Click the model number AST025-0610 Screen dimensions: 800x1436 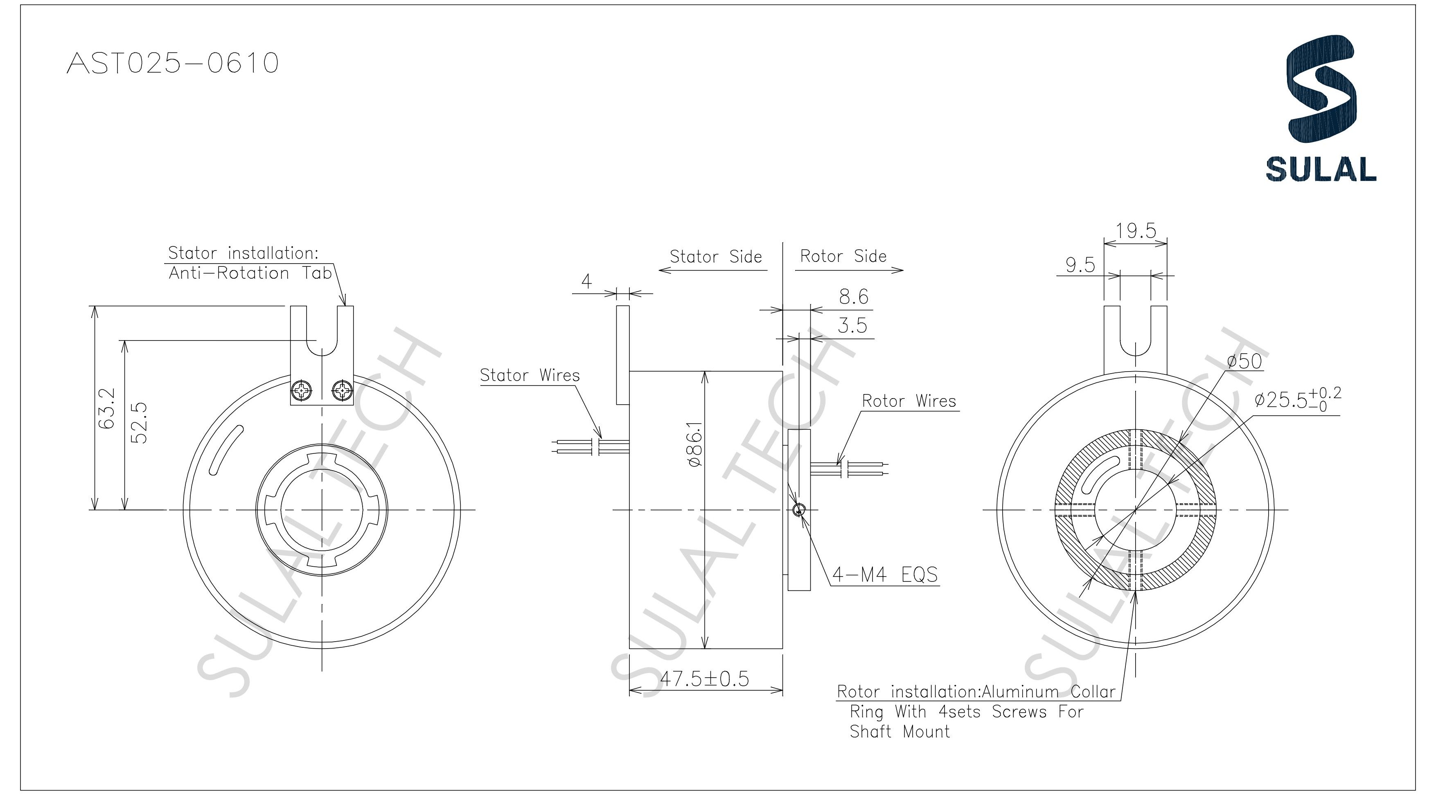pos(172,63)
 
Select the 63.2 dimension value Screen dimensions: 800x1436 pos(106,409)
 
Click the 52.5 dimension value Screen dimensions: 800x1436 pos(139,423)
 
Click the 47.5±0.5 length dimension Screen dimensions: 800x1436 pos(705,679)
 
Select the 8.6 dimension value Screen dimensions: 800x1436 pos(854,297)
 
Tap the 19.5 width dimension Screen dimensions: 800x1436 pos(1136,230)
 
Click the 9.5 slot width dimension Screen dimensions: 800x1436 pos(1080,265)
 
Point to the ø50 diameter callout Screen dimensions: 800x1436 pos(1244,361)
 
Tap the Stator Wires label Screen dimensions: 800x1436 pos(530,375)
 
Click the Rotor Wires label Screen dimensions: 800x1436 pos(908,401)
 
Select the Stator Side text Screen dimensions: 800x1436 pos(715,257)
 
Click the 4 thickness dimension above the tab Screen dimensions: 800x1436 pos(586,282)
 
